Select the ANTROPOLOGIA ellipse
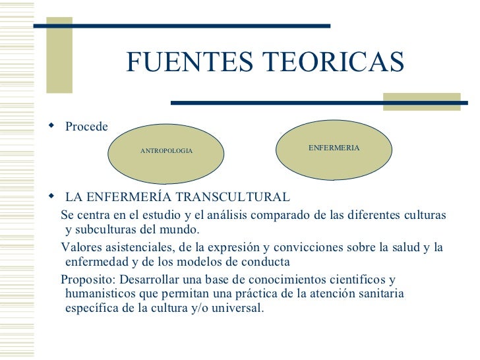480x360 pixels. (166, 151)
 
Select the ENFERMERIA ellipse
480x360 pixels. (334, 148)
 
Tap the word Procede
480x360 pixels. (86, 127)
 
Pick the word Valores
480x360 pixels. (81, 247)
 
